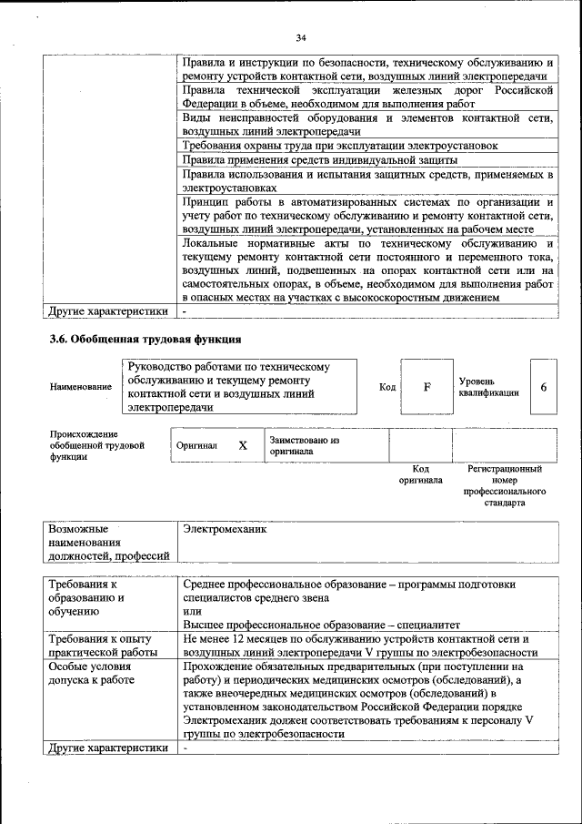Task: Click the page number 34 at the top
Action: [301, 37]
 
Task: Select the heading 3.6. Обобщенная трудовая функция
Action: [145, 340]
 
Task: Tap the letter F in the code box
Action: [426, 387]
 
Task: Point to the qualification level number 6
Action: [543, 387]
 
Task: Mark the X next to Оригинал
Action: [243, 446]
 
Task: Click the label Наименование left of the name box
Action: [82, 387]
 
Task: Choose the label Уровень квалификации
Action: [489, 386]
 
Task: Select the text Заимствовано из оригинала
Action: [304, 445]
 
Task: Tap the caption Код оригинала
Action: [420, 474]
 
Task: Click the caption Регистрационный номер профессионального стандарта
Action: [505, 485]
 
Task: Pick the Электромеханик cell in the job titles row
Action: [224, 528]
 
